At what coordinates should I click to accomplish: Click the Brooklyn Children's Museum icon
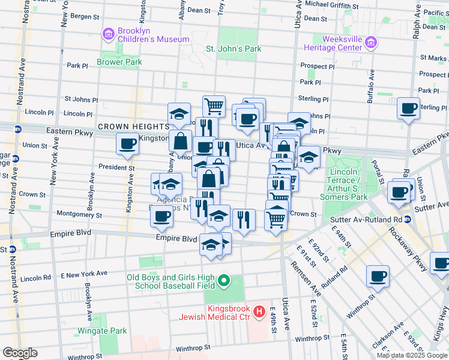[108, 34]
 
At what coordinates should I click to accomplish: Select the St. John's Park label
[234, 49]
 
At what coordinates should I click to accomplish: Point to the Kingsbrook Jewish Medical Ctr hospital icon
[259, 311]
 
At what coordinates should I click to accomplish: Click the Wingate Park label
[102, 331]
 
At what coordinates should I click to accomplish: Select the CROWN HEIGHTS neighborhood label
[133, 127]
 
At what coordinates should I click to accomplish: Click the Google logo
[19, 353]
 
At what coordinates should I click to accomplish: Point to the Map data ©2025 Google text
[412, 355]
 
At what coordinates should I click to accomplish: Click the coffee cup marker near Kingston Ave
[128, 145]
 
